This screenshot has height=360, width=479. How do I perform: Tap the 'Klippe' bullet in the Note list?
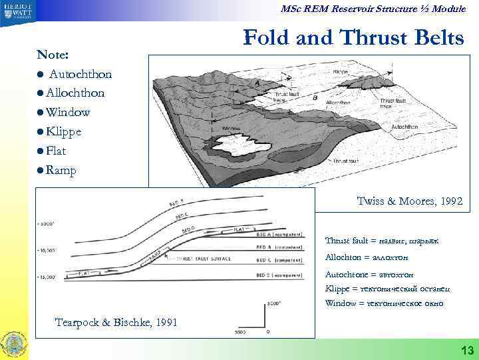[64, 131]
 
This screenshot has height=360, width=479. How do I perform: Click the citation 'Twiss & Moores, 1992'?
[409, 201]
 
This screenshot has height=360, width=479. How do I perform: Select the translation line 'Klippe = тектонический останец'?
[387, 289]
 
